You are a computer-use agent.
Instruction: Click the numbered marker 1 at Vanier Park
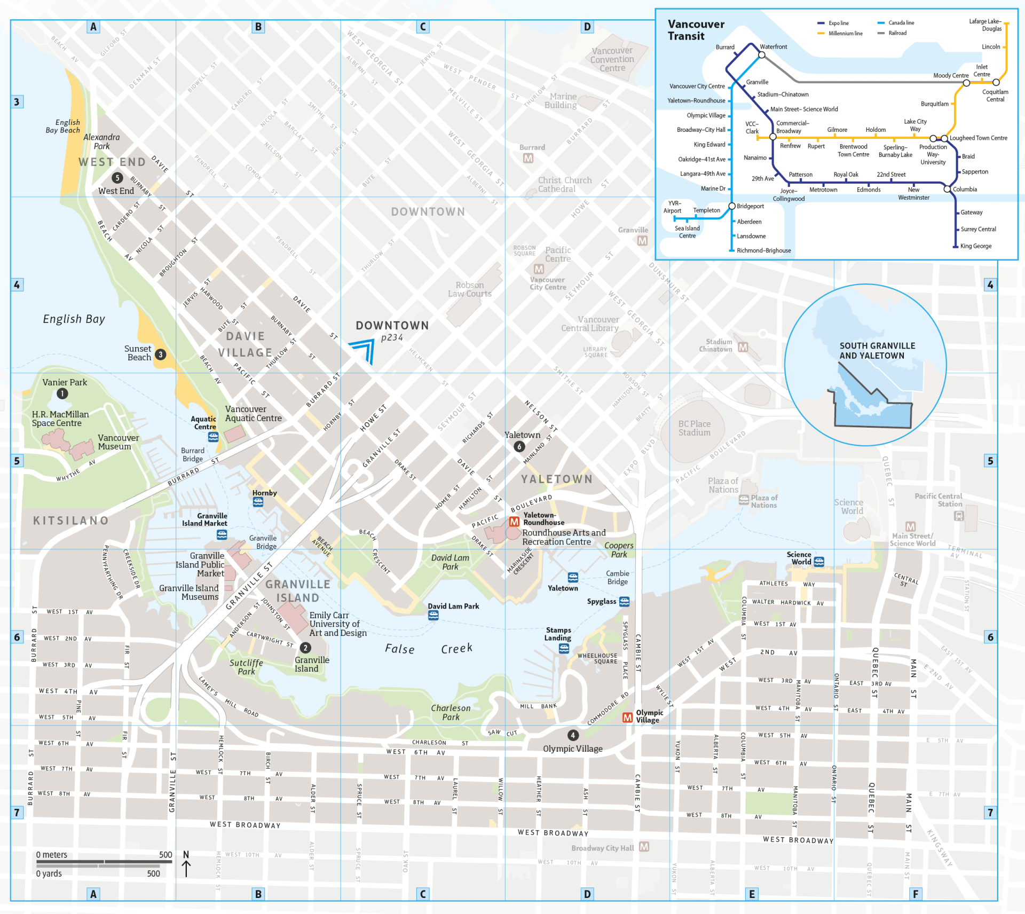62,394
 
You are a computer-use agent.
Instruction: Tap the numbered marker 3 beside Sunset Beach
160,354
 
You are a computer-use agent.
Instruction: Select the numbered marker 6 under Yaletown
519,447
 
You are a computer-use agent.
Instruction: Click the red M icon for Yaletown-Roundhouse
514,522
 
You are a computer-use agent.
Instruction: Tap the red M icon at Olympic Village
628,718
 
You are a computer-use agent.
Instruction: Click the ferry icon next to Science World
819,562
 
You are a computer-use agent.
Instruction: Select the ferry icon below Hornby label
258,502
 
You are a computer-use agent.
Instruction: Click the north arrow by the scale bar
186,865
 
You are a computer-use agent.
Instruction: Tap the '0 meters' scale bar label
52,855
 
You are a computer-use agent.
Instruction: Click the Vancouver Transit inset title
696,30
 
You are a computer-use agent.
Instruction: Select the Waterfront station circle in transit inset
762,55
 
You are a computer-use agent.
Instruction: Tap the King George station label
975,246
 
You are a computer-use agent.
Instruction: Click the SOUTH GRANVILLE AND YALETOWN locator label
877,351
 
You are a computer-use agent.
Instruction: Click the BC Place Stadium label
694,428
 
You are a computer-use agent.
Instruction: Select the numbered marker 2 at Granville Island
305,648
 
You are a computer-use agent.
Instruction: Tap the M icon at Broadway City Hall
644,847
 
